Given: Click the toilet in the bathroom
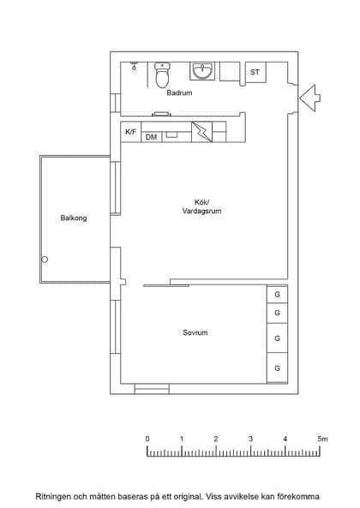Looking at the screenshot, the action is click(x=162, y=75).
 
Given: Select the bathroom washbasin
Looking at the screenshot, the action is click(x=202, y=71).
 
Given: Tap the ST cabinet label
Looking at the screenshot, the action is click(x=255, y=72).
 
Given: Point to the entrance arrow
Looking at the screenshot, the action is click(x=309, y=99).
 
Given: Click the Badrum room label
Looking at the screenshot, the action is click(x=179, y=93).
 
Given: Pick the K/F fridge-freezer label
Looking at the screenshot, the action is click(x=131, y=132).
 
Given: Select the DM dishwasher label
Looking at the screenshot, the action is click(x=151, y=137).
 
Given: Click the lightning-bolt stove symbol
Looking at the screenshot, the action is click(x=201, y=132).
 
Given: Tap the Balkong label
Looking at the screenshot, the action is click(x=74, y=218).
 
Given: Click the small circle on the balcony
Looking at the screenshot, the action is click(x=45, y=260).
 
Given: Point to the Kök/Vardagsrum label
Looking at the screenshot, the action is click(x=202, y=206).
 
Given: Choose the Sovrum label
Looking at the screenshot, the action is click(x=195, y=332).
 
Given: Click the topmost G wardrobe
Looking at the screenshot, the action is click(x=277, y=295).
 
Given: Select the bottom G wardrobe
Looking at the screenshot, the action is click(x=277, y=368).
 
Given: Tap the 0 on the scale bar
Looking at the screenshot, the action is click(x=147, y=439).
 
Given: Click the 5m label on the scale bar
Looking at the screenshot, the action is click(x=322, y=439).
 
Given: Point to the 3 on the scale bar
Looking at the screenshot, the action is click(x=250, y=439).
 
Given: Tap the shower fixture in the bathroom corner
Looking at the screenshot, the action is click(x=134, y=66).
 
